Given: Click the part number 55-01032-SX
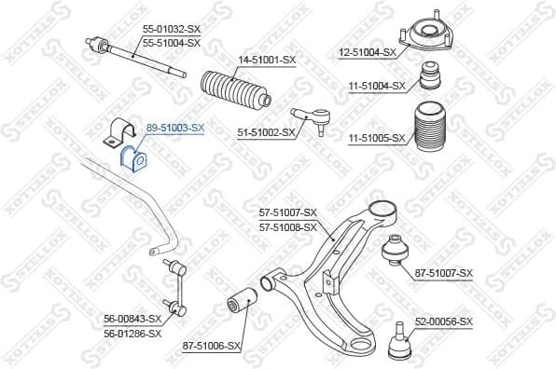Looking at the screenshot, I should (171, 30).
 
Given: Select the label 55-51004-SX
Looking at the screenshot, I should (171, 43).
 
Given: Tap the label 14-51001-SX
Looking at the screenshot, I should (266, 61).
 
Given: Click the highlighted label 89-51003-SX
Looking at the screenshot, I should (174, 128).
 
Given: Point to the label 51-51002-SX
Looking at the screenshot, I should (266, 132).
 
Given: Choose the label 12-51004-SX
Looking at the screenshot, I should (367, 52).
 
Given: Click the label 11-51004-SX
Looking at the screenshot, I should (377, 86).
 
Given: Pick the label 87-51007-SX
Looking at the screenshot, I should (444, 273).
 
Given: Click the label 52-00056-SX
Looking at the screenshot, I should (444, 321).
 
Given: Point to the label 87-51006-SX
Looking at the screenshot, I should (212, 346).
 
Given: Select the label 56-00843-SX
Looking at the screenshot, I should (132, 320).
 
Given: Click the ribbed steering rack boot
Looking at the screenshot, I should (234, 89).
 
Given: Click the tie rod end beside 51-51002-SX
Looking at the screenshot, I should (311, 117).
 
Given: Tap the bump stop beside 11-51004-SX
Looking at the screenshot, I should (430, 75).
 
